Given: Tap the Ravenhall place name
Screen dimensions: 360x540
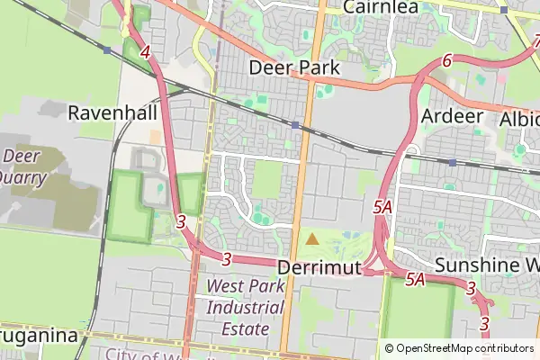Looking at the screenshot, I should pos(112,113).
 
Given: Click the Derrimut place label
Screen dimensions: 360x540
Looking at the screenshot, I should pos(319,267).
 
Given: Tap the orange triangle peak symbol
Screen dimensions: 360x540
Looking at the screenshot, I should pos(311,239).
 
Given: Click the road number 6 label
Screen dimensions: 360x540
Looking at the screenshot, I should pos(447,61).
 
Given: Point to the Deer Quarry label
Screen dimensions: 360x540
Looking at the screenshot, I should pos(25,166).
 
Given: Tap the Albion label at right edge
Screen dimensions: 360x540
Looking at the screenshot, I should pos(519,120).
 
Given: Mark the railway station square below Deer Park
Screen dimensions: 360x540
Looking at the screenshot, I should pos(294,124).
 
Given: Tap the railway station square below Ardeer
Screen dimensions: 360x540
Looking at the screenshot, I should pos(452,163).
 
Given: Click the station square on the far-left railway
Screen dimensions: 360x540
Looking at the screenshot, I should pos(107,50).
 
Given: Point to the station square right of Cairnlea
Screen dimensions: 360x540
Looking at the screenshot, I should pos(505,10).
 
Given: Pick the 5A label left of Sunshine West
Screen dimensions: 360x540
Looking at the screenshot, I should pos(414,279).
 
